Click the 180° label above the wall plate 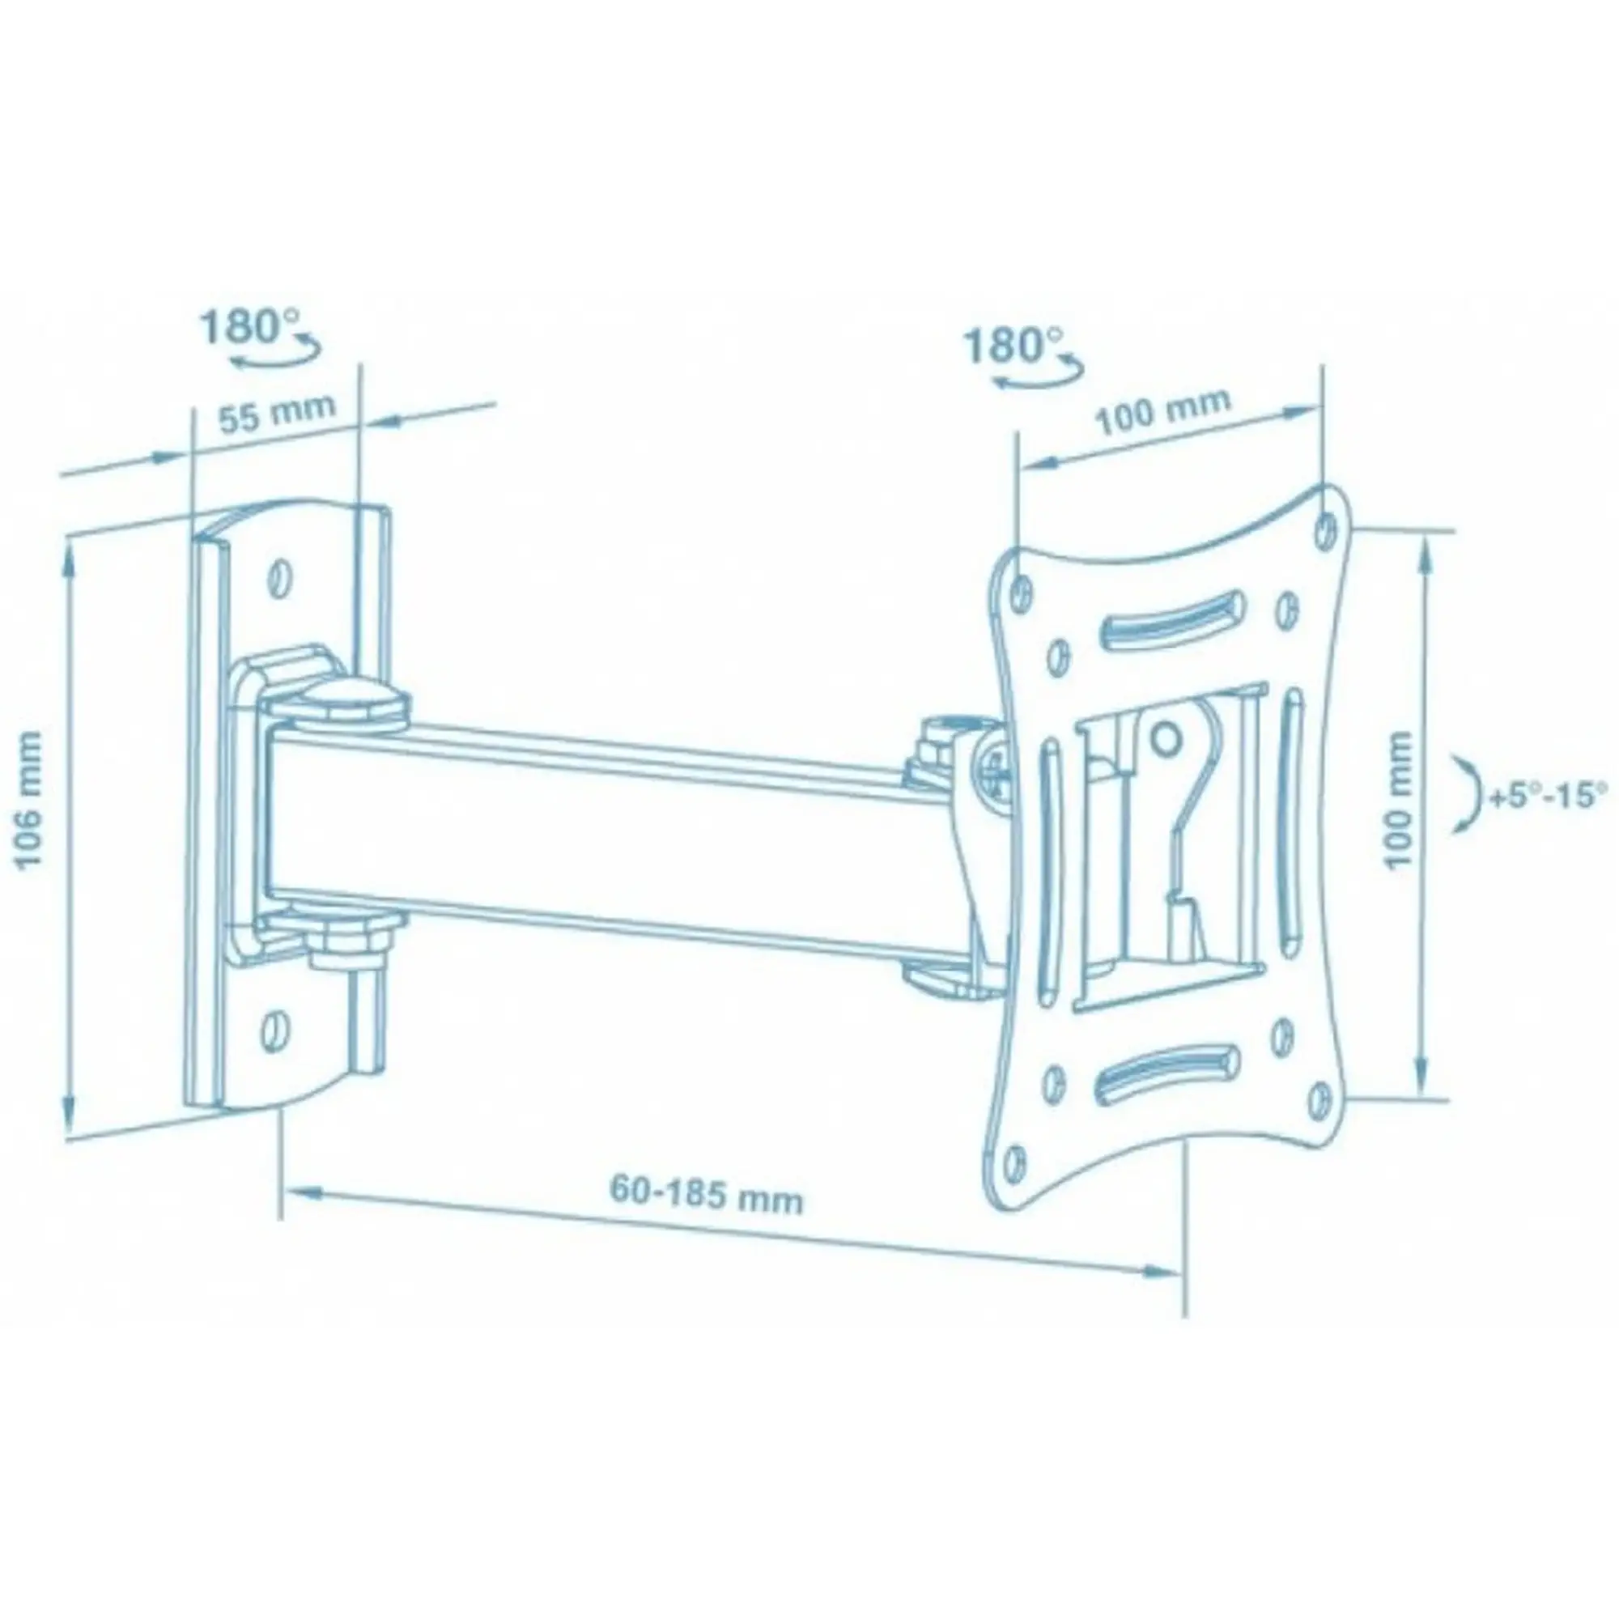(x=249, y=327)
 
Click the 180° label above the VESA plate (x=1013, y=344)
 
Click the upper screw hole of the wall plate (x=278, y=576)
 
